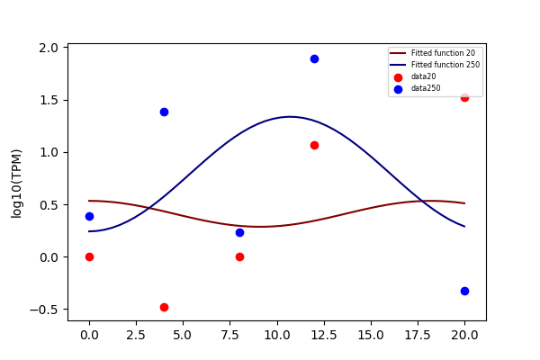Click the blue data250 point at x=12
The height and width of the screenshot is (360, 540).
(x=314, y=58)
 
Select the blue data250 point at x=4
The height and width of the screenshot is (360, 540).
(x=165, y=112)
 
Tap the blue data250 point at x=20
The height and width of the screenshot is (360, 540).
(x=464, y=291)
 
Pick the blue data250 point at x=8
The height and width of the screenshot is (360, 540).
(x=239, y=232)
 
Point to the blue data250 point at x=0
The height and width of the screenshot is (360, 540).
(x=89, y=216)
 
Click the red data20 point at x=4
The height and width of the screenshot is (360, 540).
(x=165, y=307)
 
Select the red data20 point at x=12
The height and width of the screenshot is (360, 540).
(x=314, y=146)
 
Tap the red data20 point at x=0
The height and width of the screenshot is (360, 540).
(x=89, y=257)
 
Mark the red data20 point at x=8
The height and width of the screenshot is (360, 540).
(x=239, y=257)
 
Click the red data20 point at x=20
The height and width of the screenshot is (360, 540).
(x=464, y=98)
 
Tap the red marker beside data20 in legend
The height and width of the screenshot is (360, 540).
(x=398, y=77)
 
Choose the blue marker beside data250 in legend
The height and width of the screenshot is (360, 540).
(x=398, y=89)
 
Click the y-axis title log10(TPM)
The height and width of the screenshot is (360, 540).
(x=16, y=184)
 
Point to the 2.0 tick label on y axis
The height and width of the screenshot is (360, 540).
(x=49, y=48)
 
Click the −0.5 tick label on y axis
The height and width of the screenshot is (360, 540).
(x=44, y=310)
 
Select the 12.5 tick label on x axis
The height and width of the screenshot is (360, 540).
(x=324, y=335)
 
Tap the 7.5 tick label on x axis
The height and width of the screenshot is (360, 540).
(x=239, y=335)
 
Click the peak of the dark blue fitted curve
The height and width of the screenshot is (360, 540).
(x=289, y=117)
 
